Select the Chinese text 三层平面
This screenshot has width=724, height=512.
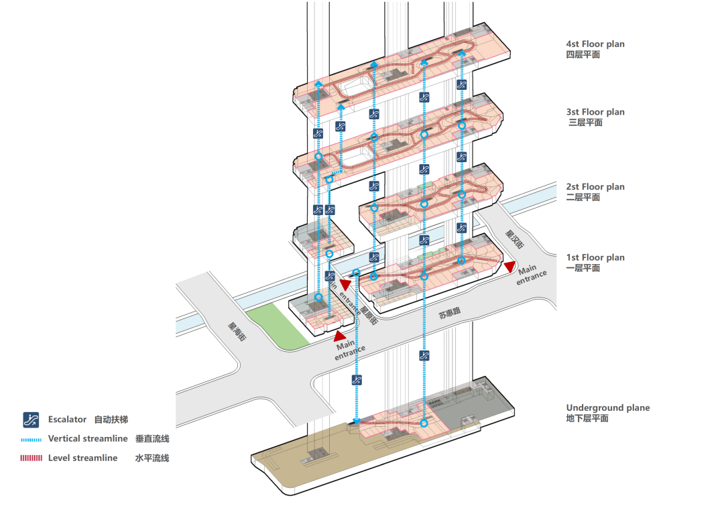pyautogui.click(x=585, y=123)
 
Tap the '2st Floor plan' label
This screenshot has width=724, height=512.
pyautogui.click(x=595, y=187)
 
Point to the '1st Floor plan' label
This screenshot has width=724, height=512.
pyautogui.click(x=595, y=257)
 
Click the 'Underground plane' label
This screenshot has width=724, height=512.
pyautogui.click(x=607, y=407)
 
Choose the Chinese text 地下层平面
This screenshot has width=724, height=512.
pyautogui.click(x=587, y=418)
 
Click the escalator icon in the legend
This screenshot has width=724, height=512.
pyautogui.click(x=31, y=420)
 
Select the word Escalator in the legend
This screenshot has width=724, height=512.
pyautogui.click(x=67, y=420)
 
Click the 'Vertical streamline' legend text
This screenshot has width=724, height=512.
pyautogui.click(x=87, y=439)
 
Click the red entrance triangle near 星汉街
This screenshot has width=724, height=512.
pyautogui.click(x=510, y=267)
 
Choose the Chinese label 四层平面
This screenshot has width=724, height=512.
pyautogui.click(x=583, y=54)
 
